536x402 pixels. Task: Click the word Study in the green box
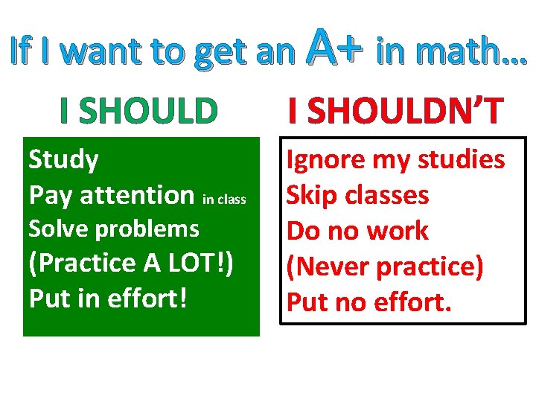63,159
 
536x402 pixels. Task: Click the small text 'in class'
224,200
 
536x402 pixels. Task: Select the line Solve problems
113,229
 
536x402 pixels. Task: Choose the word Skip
312,195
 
